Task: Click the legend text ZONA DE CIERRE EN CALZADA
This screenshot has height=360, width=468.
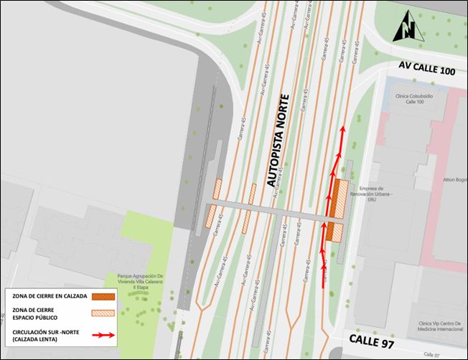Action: click(x=49, y=295)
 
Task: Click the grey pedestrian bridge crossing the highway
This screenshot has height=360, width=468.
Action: click(x=273, y=212)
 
